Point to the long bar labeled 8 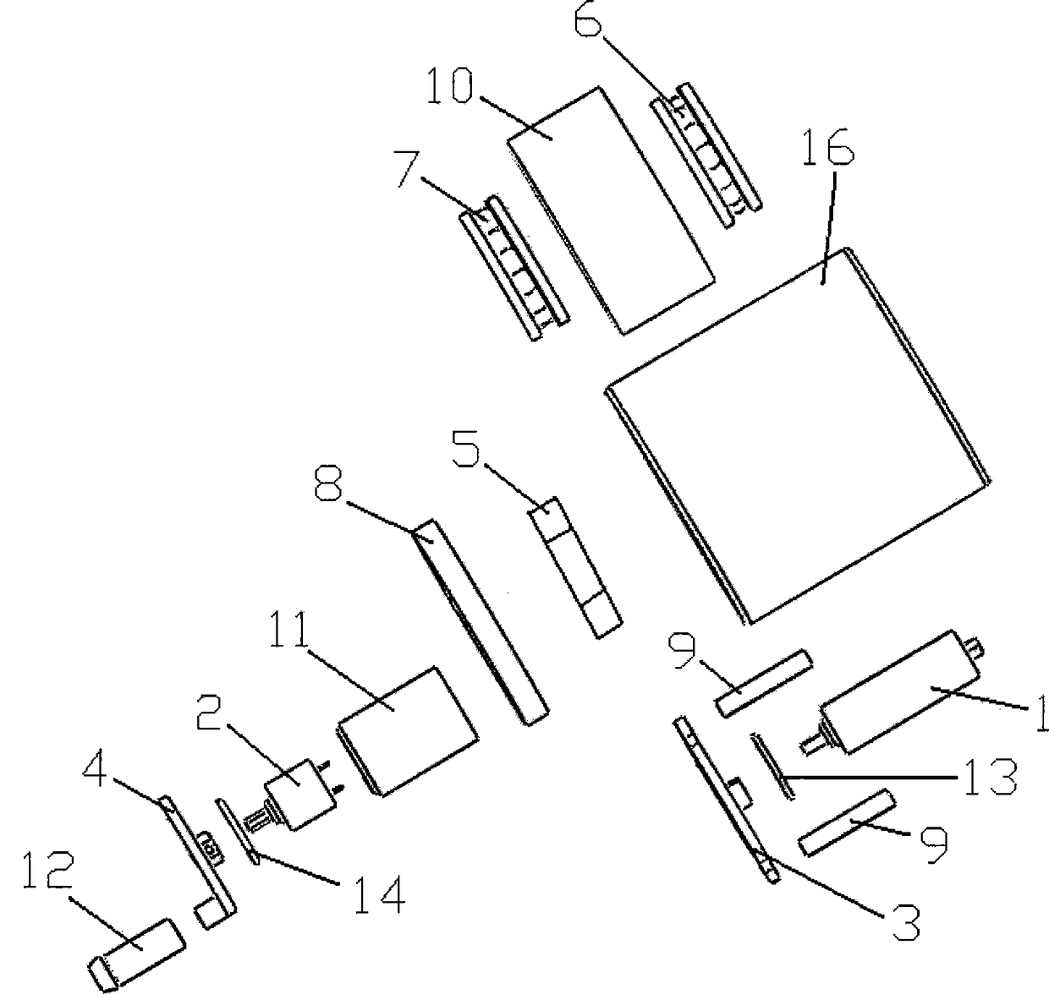[480, 621]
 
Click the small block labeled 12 [135, 953]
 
